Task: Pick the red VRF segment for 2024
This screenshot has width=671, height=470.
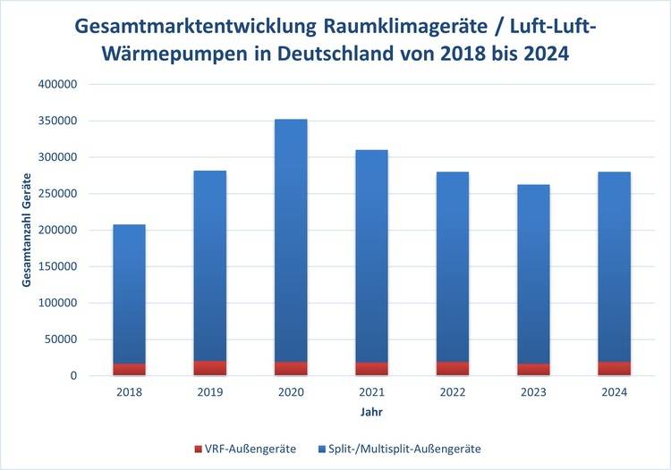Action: pyautogui.click(x=614, y=368)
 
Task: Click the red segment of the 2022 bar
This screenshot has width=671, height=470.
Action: pyautogui.click(x=452, y=368)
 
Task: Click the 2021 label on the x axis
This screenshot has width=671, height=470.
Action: pyautogui.click(x=371, y=392)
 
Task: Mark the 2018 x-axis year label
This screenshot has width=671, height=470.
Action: pyautogui.click(x=129, y=392)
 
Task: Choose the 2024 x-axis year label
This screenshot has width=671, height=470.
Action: pyautogui.click(x=614, y=392)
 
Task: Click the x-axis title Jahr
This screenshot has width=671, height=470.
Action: pyautogui.click(x=371, y=413)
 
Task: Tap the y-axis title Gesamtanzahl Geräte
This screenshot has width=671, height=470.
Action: pyautogui.click(x=27, y=230)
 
